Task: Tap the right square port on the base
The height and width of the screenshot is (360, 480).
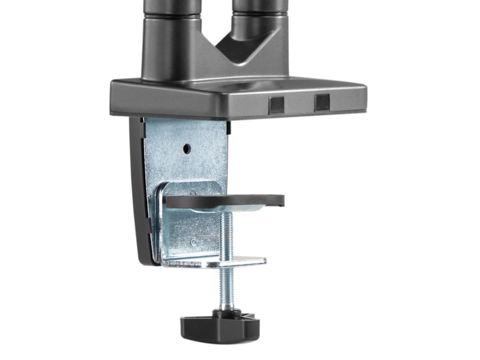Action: (322, 103)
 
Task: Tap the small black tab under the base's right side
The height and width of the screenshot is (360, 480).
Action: (229, 125)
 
